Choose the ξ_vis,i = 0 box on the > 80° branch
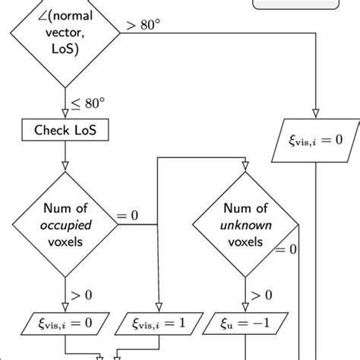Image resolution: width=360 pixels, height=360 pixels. point(315,140)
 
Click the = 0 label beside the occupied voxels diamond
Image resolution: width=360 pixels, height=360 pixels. point(128,216)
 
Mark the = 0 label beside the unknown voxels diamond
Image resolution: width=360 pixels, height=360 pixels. point(286,249)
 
